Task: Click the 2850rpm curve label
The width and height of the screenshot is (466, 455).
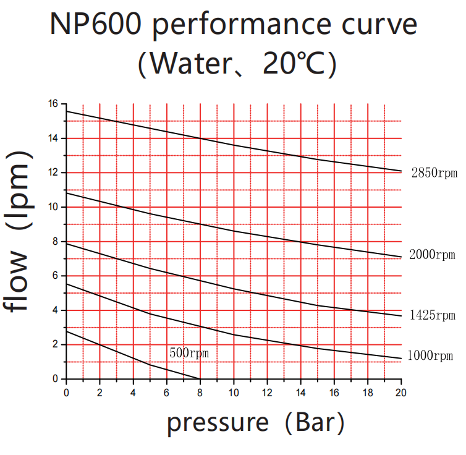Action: click(x=434, y=173)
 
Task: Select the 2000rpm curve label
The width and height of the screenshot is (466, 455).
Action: click(x=432, y=254)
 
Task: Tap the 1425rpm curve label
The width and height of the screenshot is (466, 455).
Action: click(x=432, y=316)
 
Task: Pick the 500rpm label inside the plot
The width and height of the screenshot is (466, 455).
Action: click(x=189, y=353)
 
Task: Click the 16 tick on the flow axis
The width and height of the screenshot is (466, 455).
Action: click(x=54, y=104)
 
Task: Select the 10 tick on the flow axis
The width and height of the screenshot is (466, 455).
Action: click(x=54, y=207)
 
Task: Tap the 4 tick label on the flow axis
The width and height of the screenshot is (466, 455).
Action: click(x=56, y=310)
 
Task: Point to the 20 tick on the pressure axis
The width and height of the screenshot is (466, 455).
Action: click(x=400, y=391)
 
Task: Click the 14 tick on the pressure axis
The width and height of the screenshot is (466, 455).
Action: click(x=300, y=391)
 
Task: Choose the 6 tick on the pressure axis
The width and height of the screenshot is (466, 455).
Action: click(x=167, y=391)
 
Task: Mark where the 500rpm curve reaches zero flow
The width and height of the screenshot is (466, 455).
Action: click(x=200, y=379)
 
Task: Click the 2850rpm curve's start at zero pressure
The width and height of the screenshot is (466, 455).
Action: click(x=67, y=111)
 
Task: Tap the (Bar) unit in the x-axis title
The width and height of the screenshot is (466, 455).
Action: click(x=316, y=423)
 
